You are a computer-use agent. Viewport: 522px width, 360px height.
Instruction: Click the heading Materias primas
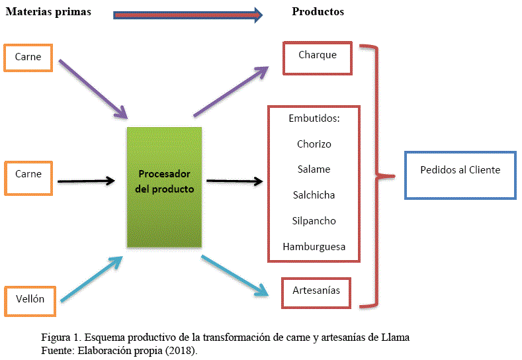[48, 12]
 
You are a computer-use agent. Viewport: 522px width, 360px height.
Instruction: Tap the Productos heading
[318, 12]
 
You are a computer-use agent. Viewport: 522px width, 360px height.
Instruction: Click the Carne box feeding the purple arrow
[28, 57]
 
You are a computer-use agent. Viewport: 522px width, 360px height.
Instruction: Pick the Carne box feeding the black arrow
[28, 174]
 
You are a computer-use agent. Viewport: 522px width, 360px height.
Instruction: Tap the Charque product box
[317, 57]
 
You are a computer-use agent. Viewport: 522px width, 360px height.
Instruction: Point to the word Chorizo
[314, 144]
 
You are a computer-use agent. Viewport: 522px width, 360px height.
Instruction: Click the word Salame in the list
[314, 169]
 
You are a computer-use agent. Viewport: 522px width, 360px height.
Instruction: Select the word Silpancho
[314, 221]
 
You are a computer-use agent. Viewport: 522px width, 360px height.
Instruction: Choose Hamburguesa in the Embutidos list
[314, 247]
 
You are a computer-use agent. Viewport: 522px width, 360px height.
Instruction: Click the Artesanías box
[316, 291]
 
